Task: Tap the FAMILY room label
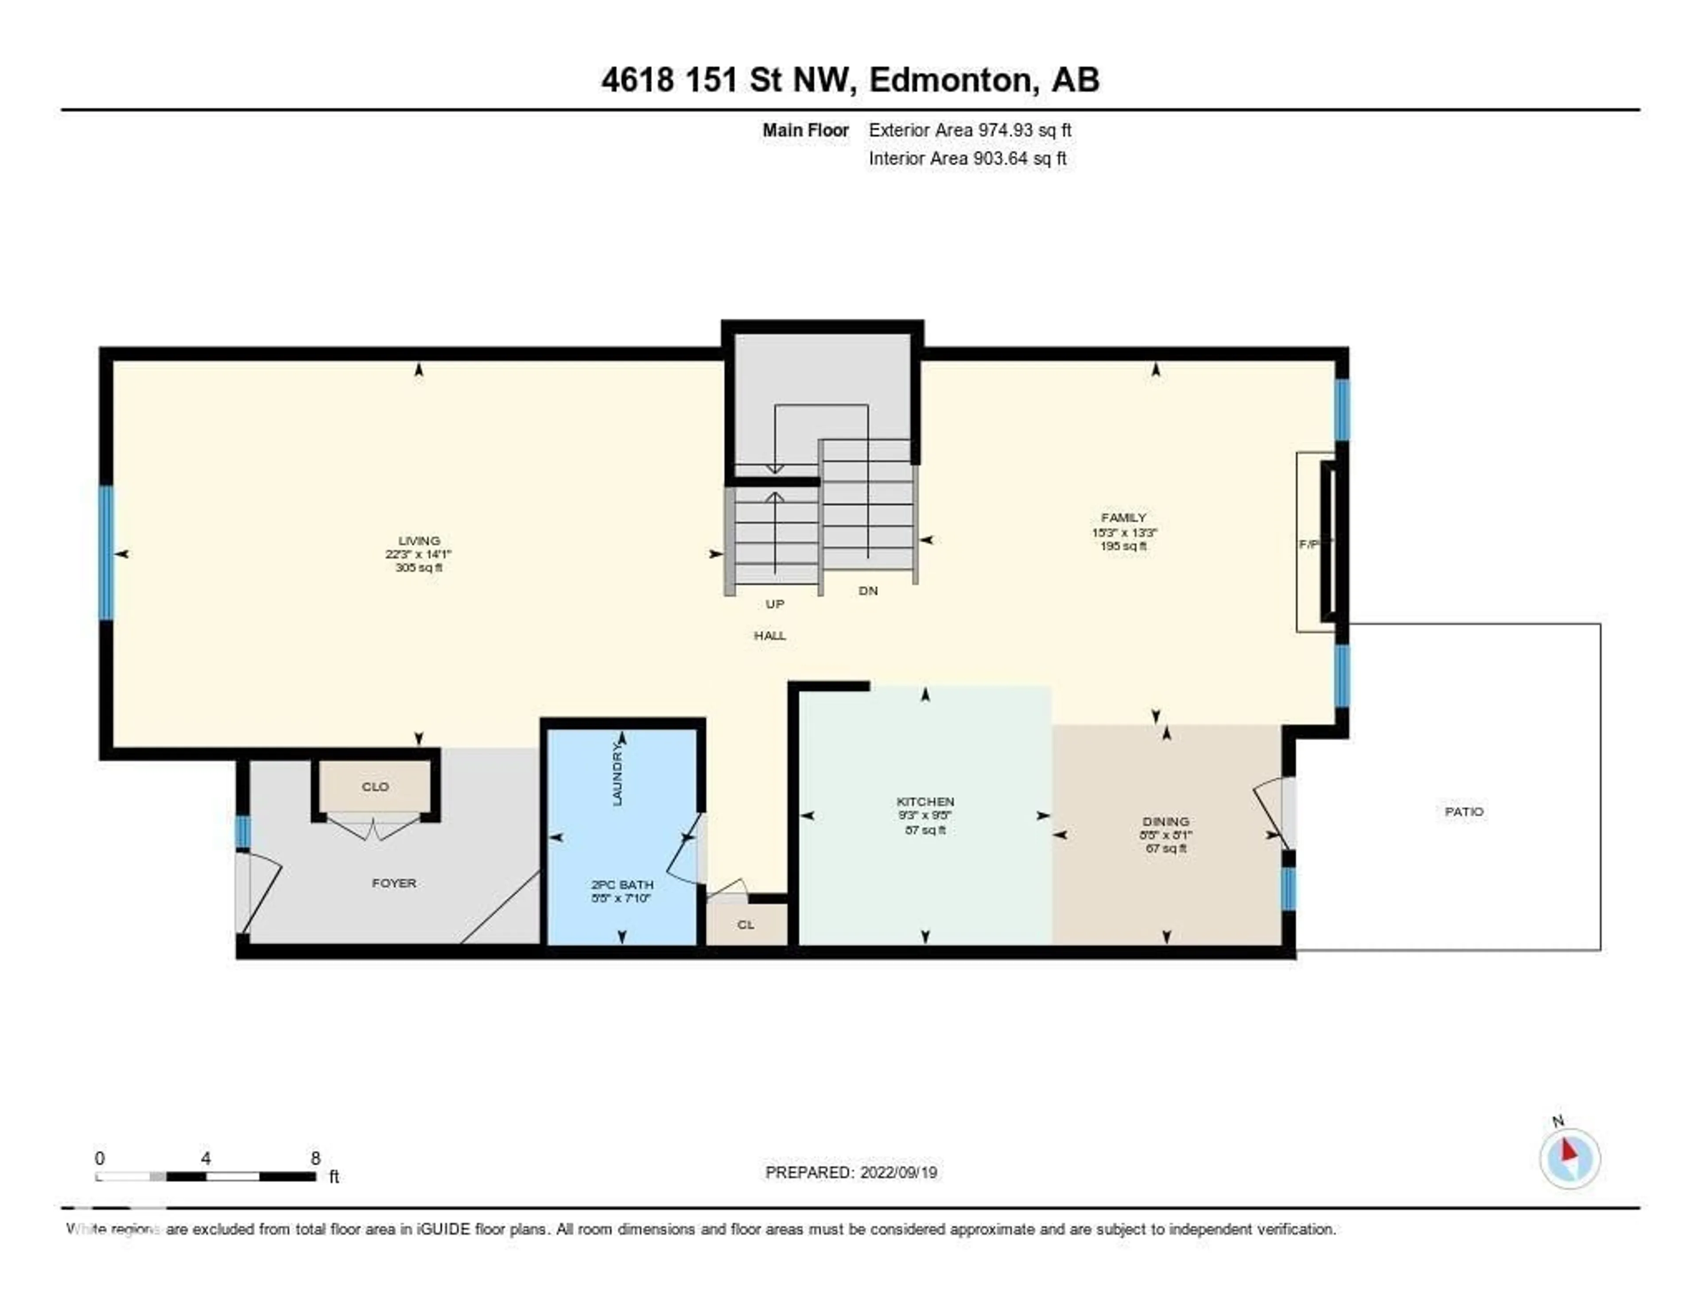(x=1123, y=517)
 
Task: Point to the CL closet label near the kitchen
(x=746, y=925)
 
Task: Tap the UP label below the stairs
(x=774, y=604)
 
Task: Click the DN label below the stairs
(x=868, y=591)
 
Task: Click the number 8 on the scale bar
(x=315, y=1158)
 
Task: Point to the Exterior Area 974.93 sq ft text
(x=970, y=130)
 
